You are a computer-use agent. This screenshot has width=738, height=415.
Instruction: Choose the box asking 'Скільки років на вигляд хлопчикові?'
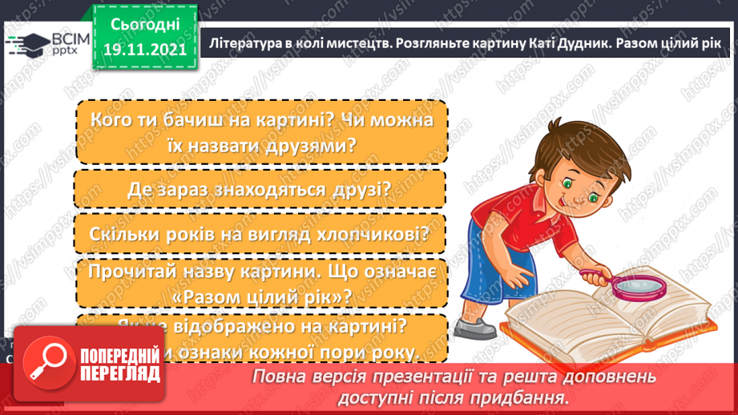(x=260, y=234)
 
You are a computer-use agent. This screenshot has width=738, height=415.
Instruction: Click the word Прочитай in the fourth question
(x=136, y=272)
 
